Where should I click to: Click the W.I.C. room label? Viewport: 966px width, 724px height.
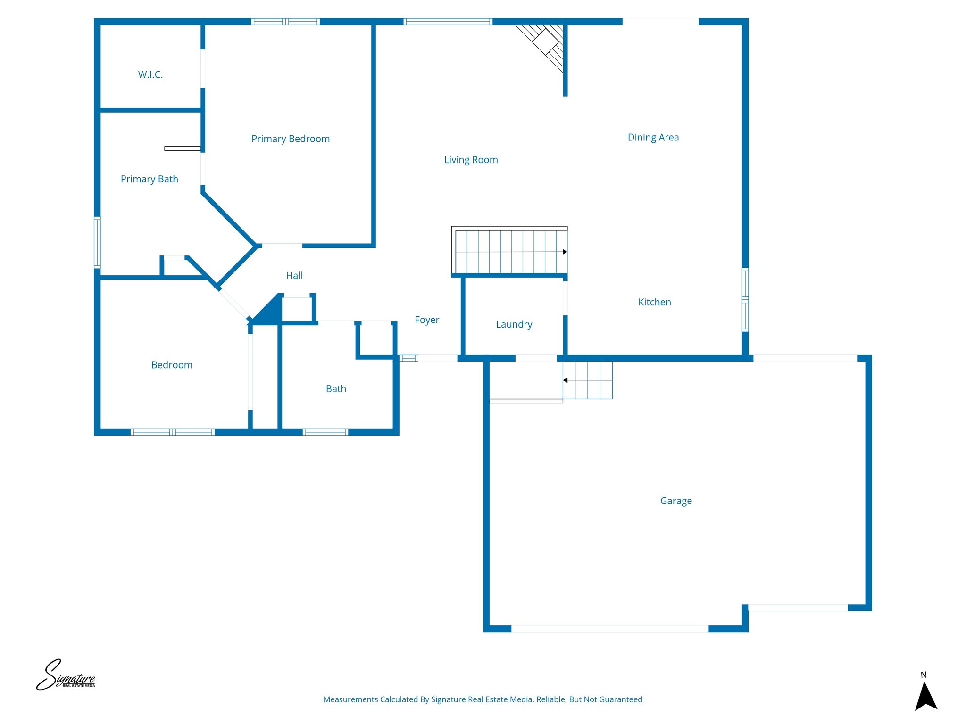coord(150,74)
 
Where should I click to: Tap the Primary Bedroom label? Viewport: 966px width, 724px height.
coord(290,139)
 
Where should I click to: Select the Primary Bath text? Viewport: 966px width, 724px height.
coord(149,179)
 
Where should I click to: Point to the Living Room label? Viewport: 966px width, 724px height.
coord(471,160)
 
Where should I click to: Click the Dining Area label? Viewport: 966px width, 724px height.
coord(653,137)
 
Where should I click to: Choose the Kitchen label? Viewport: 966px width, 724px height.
coord(654,302)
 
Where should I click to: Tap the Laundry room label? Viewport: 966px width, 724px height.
coord(514,324)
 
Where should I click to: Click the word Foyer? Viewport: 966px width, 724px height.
coord(426,320)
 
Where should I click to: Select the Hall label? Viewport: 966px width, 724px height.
coord(294,275)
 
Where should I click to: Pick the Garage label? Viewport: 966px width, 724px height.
coord(675,501)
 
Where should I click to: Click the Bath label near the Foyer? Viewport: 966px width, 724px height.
coord(336,389)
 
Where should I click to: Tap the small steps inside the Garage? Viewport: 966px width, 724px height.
coord(588,380)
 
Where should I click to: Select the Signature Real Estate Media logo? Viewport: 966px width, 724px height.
coord(66,675)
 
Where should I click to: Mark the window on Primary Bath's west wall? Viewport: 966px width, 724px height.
coord(97,242)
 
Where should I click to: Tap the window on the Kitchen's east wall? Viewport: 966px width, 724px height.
coord(745,299)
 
